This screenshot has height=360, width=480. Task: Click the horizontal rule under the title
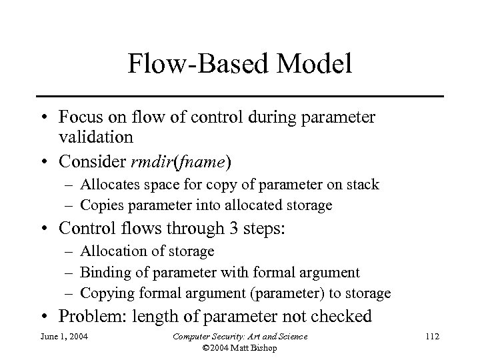pyautogui.click(x=240, y=96)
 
